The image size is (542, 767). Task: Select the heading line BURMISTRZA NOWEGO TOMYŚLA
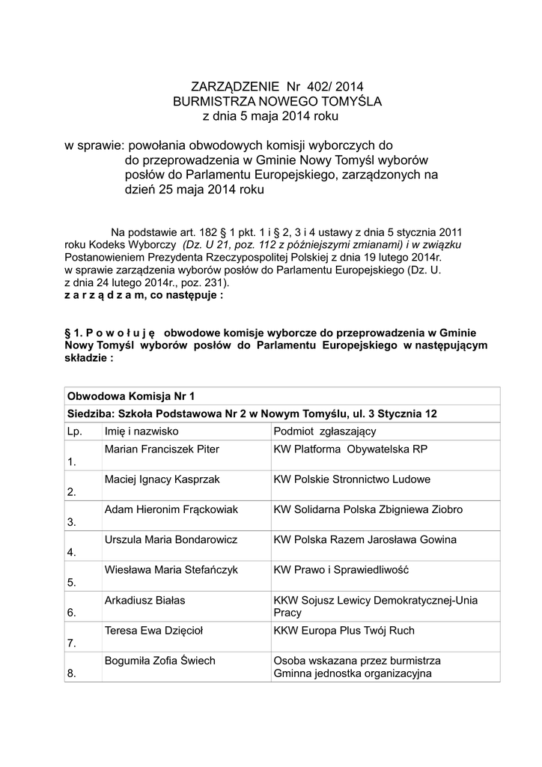pyautogui.click(x=277, y=101)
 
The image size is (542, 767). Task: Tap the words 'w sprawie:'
pyautogui.click(x=91, y=145)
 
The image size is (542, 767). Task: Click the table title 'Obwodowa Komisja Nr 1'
pyautogui.click(x=131, y=396)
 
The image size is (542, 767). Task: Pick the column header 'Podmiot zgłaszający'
pyautogui.click(x=325, y=431)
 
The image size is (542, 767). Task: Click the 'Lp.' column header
pyautogui.click(x=74, y=431)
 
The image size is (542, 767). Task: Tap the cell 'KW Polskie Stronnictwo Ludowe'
pyautogui.click(x=352, y=479)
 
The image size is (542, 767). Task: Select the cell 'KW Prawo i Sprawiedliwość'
pyautogui.click(x=341, y=570)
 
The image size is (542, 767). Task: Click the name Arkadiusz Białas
pyautogui.click(x=145, y=600)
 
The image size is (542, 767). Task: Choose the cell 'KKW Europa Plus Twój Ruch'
pyautogui.click(x=344, y=631)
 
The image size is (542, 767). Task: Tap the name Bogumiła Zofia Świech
pyautogui.click(x=160, y=661)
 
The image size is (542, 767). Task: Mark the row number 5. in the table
pyautogui.click(x=72, y=582)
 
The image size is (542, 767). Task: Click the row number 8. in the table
pyautogui.click(x=72, y=673)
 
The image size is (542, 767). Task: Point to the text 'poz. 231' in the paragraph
pyautogui.click(x=205, y=284)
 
